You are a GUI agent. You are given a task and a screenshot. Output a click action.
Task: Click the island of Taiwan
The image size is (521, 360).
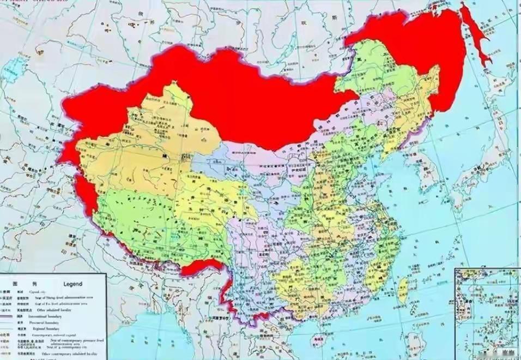(403, 289)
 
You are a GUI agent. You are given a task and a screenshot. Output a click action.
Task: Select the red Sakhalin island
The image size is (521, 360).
(476, 38)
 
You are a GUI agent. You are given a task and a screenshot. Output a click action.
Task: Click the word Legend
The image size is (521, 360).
(72, 284)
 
